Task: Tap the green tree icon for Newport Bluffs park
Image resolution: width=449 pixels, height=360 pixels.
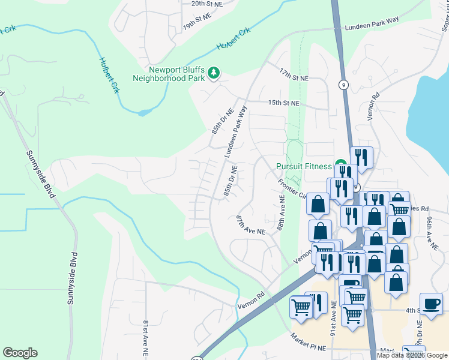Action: pyautogui.click(x=214, y=73)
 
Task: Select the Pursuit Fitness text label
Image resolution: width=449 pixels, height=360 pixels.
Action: pyautogui.click(x=304, y=166)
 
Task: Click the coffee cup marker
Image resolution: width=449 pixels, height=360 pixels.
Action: pyautogui.click(x=430, y=304)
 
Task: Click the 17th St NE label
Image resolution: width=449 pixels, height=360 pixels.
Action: pyautogui.click(x=293, y=75)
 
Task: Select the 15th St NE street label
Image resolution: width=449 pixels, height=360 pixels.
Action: pyautogui.click(x=284, y=103)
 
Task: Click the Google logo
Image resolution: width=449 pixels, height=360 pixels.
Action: pyautogui.click(x=20, y=353)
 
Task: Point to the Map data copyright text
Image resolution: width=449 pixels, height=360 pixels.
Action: pyautogui.click(x=411, y=355)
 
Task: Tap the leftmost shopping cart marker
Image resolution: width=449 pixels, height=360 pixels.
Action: pyautogui.click(x=301, y=307)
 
